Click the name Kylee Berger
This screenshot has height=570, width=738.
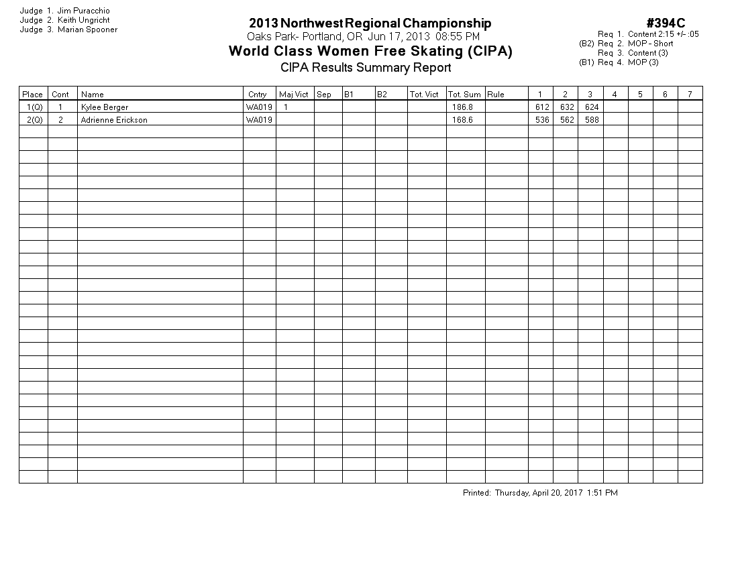(x=104, y=107)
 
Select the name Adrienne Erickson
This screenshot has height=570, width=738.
(x=113, y=120)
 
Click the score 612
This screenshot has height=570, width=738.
(x=542, y=107)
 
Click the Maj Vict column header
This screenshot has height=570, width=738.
(x=294, y=95)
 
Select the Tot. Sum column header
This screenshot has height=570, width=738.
(x=464, y=95)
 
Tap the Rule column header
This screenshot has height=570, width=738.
(x=496, y=95)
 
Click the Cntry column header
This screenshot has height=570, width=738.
(x=256, y=95)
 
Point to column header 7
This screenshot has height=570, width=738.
(x=690, y=95)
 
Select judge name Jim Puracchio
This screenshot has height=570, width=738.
(x=84, y=11)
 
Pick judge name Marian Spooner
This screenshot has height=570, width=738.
(x=87, y=30)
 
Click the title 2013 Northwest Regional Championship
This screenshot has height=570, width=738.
(x=370, y=23)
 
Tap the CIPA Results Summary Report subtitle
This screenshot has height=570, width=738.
(x=366, y=67)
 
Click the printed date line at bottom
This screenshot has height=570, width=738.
(x=540, y=493)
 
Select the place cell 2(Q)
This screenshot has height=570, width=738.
(x=34, y=120)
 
